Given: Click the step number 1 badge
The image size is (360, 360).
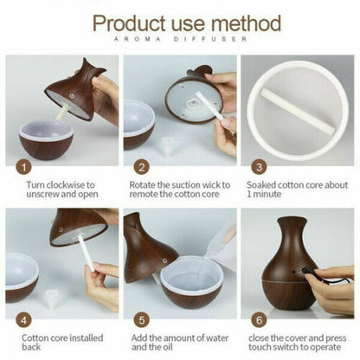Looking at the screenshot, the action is pyautogui.click(x=24, y=167).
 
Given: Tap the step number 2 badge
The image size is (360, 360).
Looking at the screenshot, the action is pyautogui.click(x=142, y=167).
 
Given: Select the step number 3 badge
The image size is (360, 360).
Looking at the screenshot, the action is pyautogui.click(x=259, y=167).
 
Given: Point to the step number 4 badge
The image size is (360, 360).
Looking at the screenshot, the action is pyautogui.click(x=24, y=320).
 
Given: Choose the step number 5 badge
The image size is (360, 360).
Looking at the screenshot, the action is pyautogui.click(x=142, y=320).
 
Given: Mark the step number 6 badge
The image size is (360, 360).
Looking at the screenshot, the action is pyautogui.click(x=259, y=320).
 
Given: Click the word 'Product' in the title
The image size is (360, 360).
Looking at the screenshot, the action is pyautogui.click(x=129, y=22).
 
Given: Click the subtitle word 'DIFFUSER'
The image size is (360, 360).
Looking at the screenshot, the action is pyautogui.click(x=210, y=39).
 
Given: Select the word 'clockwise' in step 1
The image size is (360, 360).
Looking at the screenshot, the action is pyautogui.click(x=66, y=184).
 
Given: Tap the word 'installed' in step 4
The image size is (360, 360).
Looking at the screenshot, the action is pyautogui.click(x=87, y=337).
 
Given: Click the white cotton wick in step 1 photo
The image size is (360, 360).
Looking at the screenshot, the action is pyautogui.click(x=62, y=112).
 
